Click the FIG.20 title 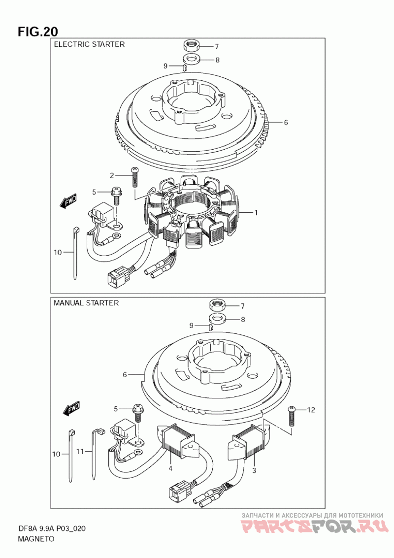pyautogui.click(x=38, y=32)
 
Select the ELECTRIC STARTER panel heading pyautogui.click(x=89, y=44)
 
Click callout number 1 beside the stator pyautogui.click(x=256, y=213)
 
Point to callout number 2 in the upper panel pyautogui.click(x=112, y=175)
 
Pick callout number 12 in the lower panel pyautogui.click(x=311, y=409)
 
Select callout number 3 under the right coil pyautogui.click(x=255, y=471)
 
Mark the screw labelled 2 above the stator pyautogui.click(x=134, y=176)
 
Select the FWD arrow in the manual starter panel pyautogui.click(x=71, y=408)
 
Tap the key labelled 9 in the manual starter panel pyautogui.click(x=209, y=326)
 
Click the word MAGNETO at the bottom pyautogui.click(x=36, y=538)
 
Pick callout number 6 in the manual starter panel pyautogui.click(x=125, y=375)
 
